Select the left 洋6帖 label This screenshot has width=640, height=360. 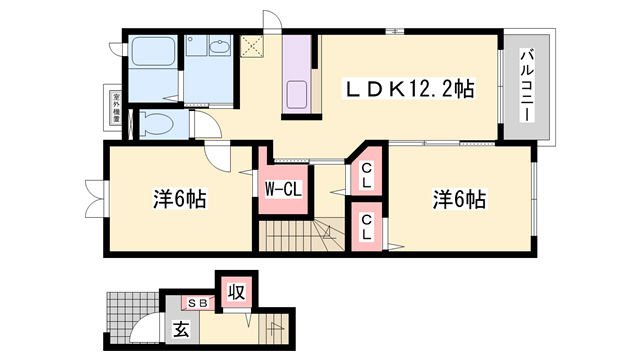(x=180, y=199)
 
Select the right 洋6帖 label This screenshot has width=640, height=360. (x=459, y=199)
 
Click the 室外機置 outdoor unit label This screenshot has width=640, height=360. (x=117, y=107)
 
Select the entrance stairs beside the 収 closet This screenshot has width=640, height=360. (x=273, y=325)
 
